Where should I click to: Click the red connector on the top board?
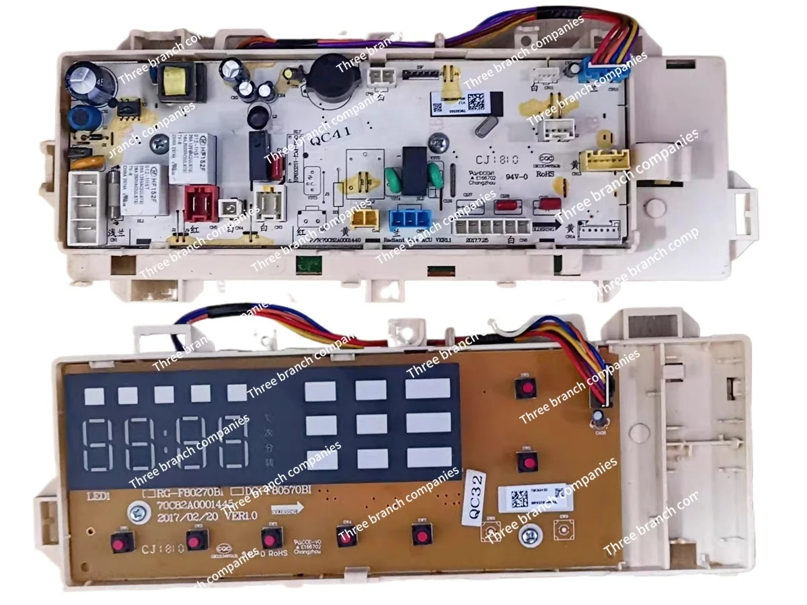(x=202, y=202)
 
